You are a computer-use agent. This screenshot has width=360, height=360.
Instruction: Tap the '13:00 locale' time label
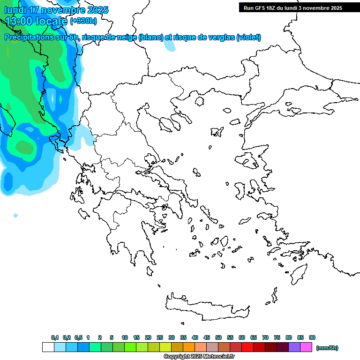tap(36, 21)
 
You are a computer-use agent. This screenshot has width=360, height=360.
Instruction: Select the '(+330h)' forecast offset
tap(83, 21)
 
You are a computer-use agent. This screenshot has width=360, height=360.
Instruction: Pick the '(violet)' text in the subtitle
tap(248, 37)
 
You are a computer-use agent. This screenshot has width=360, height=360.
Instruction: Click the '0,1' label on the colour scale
tap(55, 337)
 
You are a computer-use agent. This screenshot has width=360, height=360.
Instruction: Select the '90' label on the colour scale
tap(312, 337)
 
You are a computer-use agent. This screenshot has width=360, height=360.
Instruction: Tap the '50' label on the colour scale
tap(218, 337)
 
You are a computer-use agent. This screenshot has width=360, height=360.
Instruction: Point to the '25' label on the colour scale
tap(160, 337)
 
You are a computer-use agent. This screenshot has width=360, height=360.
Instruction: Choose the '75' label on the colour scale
tap(277, 337)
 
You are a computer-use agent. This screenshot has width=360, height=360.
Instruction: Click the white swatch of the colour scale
tap(48, 347)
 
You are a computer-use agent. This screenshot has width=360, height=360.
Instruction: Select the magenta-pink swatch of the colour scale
tap(306, 347)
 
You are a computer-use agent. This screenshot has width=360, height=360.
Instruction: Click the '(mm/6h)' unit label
tap(327, 348)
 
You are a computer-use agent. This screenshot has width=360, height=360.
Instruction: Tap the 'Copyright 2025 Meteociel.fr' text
tap(199, 357)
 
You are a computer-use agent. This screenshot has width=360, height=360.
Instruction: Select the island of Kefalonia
tap(83, 213)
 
